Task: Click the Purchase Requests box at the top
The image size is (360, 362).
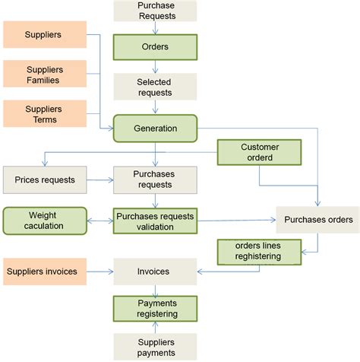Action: tap(155, 11)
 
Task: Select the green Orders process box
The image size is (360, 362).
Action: tap(155, 46)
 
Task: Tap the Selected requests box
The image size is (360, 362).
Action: tap(155, 87)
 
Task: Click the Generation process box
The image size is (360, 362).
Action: tap(155, 128)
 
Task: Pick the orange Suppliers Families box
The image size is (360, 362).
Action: tap(44, 75)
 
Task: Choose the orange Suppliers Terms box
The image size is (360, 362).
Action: tap(44, 114)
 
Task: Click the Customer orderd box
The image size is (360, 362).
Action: tap(260, 153)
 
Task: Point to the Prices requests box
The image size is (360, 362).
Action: tap(45, 180)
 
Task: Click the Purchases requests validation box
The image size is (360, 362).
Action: tap(155, 221)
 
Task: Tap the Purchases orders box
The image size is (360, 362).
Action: tap(318, 220)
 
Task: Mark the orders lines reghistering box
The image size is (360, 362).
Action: tap(260, 252)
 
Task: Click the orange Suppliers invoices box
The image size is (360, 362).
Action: tap(44, 271)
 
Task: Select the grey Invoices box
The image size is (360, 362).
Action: tap(155, 271)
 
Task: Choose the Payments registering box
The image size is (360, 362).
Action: tap(155, 307)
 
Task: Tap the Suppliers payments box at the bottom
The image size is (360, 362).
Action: tap(155, 347)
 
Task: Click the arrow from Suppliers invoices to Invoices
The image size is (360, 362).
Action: tap(100, 271)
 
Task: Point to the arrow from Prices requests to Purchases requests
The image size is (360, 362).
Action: tap(100, 181)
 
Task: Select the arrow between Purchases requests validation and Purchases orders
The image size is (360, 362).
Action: tap(235, 221)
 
